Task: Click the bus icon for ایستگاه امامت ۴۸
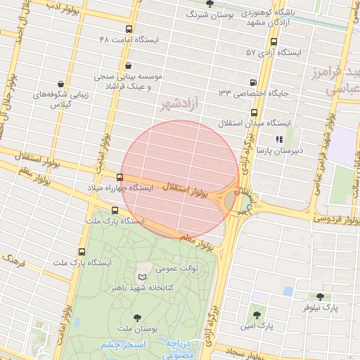click(129, 30)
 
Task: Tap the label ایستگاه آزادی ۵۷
click(274, 52)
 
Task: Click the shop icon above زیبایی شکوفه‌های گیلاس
click(63, 84)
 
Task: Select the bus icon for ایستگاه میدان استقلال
click(253, 112)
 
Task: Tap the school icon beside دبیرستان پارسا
click(279, 139)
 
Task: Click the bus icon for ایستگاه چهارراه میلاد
click(120, 178)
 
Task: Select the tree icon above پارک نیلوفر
click(321, 297)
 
